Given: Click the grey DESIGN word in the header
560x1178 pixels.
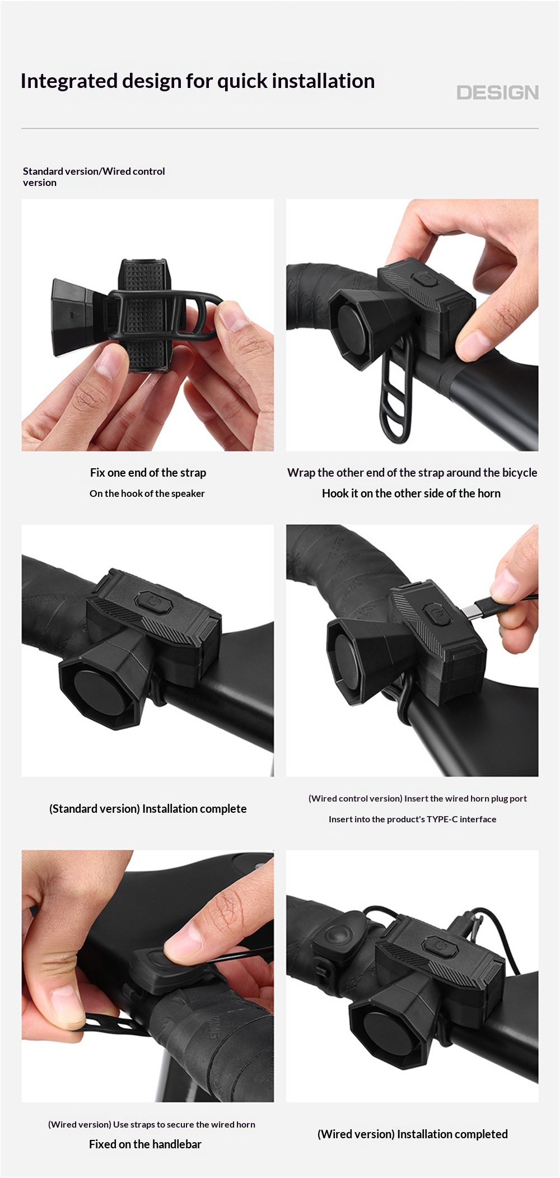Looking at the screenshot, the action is [x=497, y=92].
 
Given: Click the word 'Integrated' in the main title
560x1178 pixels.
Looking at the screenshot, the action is [x=69, y=82].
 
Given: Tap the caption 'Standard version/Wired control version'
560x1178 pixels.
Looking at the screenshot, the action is [x=94, y=176].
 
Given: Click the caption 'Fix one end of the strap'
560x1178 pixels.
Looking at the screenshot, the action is [x=148, y=472].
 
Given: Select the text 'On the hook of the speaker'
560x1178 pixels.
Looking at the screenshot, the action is [x=147, y=493].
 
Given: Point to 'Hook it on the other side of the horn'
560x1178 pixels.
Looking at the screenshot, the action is [x=411, y=493].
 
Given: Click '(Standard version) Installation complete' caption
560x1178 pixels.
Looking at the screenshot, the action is [x=148, y=808].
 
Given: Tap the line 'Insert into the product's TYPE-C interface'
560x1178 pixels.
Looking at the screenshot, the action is [x=413, y=819].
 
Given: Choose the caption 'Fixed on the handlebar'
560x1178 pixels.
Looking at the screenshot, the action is [x=145, y=1144].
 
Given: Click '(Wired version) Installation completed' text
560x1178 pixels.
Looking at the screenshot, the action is [x=413, y=1134].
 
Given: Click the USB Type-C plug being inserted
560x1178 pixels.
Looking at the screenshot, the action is [x=479, y=609].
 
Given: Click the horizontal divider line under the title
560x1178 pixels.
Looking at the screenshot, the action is [x=280, y=128].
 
